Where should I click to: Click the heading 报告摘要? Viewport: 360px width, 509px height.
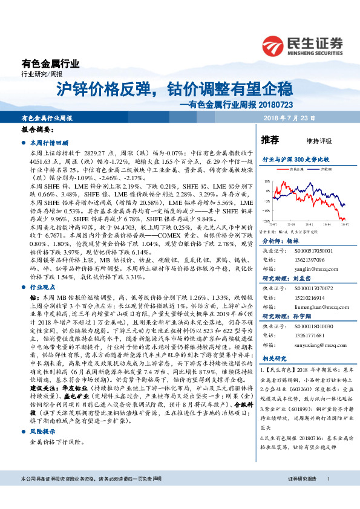(34, 130)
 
